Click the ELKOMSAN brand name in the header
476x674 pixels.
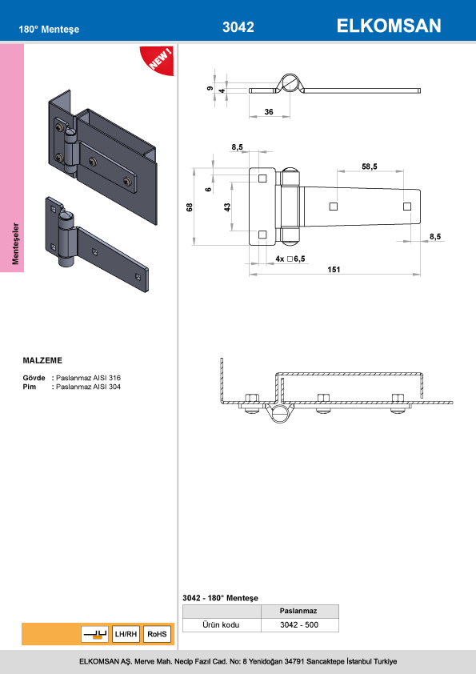389,26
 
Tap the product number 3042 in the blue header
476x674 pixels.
238,27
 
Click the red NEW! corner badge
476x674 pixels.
158,59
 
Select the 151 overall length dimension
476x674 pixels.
334,270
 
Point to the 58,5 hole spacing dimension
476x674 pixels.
370,166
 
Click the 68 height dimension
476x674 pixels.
190,207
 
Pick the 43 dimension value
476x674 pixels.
227,207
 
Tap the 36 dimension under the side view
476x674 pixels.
269,112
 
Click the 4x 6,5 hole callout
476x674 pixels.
290,259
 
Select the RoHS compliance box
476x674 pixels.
157,634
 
